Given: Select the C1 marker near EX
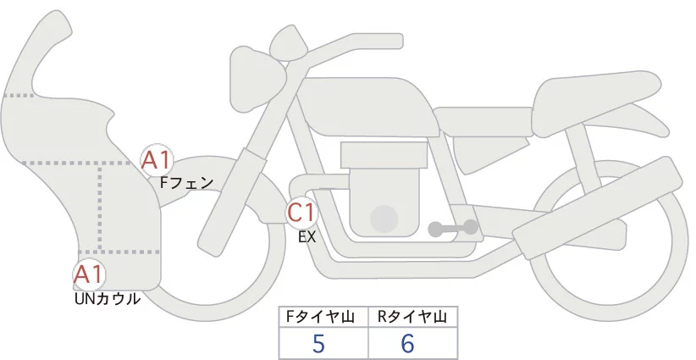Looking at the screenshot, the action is pos(302,212).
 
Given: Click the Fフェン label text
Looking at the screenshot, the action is pos(186,181).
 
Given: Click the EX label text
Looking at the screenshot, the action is pos(307,237).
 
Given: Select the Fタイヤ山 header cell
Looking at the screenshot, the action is pos(323,317).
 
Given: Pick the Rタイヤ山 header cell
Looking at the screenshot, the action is pos(412,317).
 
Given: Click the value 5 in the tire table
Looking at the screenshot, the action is pos(318,343).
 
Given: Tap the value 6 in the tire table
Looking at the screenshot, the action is pos(409,343).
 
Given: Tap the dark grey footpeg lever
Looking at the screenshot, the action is pos(453,228).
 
